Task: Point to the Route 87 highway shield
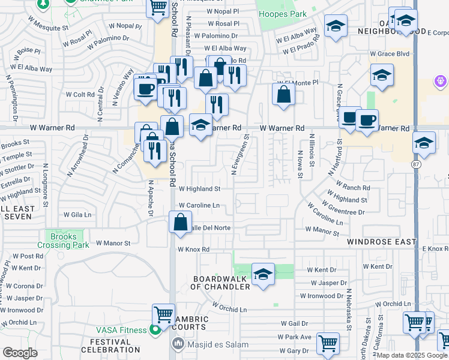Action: [x=416, y=163]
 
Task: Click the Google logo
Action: [x=20, y=353]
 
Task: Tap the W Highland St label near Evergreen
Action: [x=199, y=188]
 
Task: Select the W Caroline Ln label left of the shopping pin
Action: [x=198, y=205]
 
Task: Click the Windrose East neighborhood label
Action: [x=381, y=242]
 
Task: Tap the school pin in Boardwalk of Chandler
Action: [x=263, y=274]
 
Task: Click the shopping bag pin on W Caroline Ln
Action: [x=181, y=222]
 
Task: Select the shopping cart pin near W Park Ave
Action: [x=328, y=344]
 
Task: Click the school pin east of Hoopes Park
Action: [x=336, y=26]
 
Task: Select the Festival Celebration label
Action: [x=110, y=346]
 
